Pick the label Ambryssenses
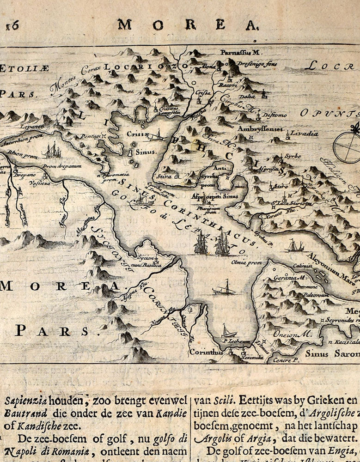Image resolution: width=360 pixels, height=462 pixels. click(x=261, y=129)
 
